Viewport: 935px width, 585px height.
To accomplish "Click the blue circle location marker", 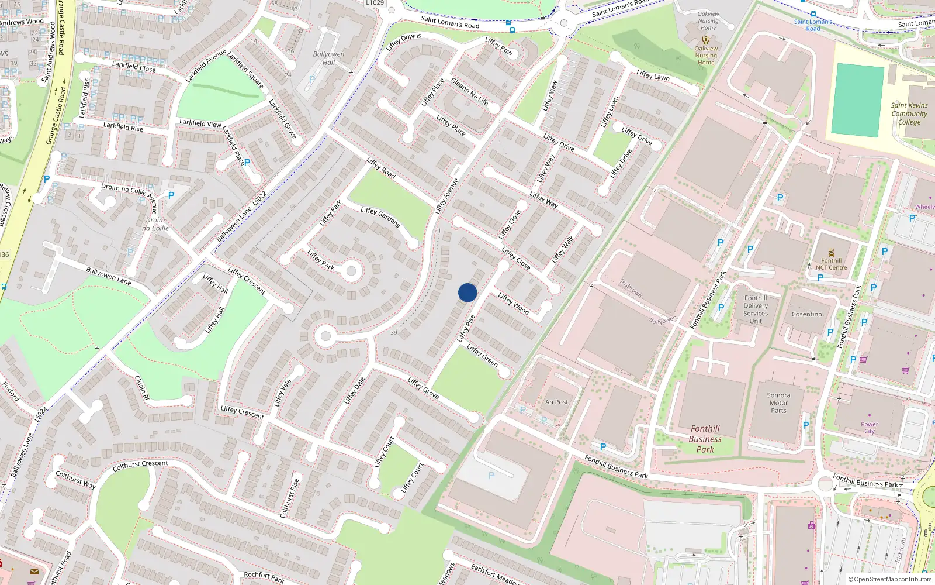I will coord(467,292).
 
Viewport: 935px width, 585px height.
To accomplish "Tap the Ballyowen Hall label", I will coord(328,58).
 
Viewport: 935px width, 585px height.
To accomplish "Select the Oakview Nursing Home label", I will coord(707,56).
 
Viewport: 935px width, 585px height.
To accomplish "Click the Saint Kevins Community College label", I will coord(909,113).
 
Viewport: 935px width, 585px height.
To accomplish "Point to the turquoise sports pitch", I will coord(857,101).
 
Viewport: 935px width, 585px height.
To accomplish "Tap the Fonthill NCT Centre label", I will coord(831,264).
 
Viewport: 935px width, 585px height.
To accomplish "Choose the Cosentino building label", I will coord(806,314).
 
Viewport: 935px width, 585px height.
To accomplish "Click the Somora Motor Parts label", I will coord(778,402).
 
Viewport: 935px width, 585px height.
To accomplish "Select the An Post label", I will coord(556,402).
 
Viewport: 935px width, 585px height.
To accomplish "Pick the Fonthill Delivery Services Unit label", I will coord(756,309).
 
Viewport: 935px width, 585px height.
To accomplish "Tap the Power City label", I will coord(869,428).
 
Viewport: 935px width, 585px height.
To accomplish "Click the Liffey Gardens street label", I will coord(380,217).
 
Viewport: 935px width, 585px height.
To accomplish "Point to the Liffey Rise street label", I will coord(466,328).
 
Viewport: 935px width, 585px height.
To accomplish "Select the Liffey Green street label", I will coord(482,355).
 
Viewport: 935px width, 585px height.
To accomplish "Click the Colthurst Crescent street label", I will coord(140,464).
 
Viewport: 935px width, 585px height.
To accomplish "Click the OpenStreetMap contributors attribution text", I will coord(889,579).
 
